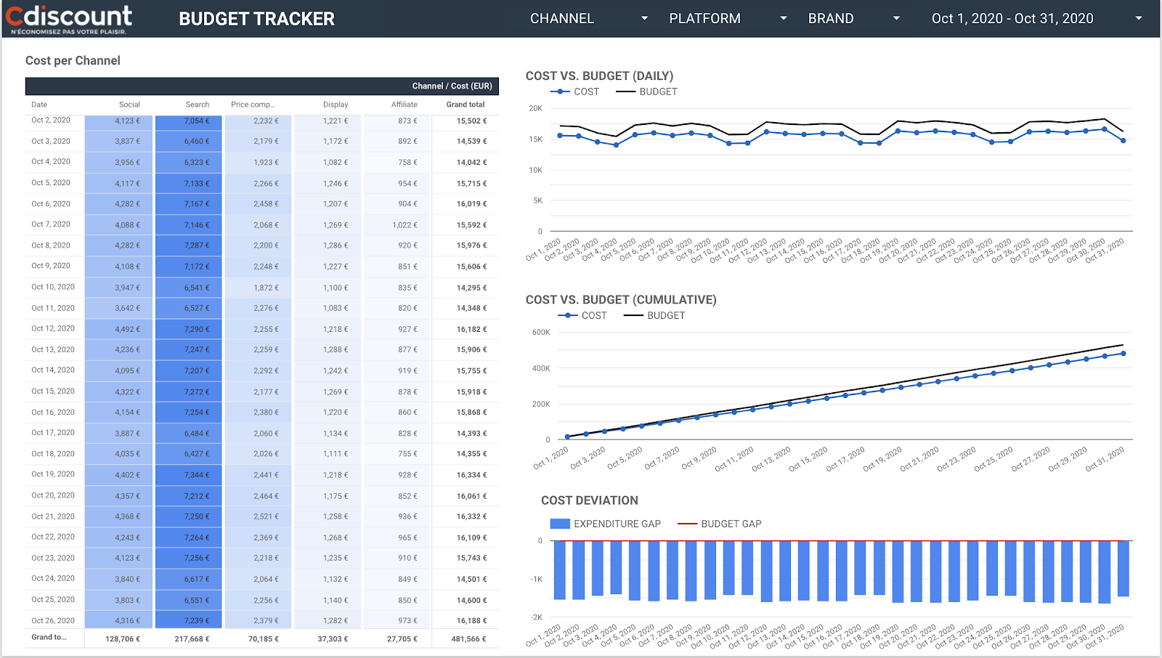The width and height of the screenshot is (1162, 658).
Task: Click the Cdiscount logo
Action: (x=70, y=19)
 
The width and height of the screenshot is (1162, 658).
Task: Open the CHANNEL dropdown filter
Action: (x=588, y=19)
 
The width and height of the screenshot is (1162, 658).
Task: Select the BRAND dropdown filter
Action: (x=853, y=19)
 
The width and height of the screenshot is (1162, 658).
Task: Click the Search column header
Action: (x=197, y=105)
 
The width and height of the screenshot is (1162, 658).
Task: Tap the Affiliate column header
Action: (x=404, y=105)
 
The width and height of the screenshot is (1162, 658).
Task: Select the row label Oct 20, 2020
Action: (x=53, y=495)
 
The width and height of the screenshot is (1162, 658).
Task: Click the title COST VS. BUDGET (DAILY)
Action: (x=599, y=76)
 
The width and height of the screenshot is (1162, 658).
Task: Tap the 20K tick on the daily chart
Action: (x=535, y=108)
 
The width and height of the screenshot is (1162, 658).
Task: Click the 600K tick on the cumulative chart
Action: (x=541, y=332)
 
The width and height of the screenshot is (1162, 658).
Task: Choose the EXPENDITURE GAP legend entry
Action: (x=606, y=524)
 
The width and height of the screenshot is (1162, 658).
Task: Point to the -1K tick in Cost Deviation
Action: (x=537, y=579)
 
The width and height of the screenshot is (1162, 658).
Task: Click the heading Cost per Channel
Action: (x=73, y=61)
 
